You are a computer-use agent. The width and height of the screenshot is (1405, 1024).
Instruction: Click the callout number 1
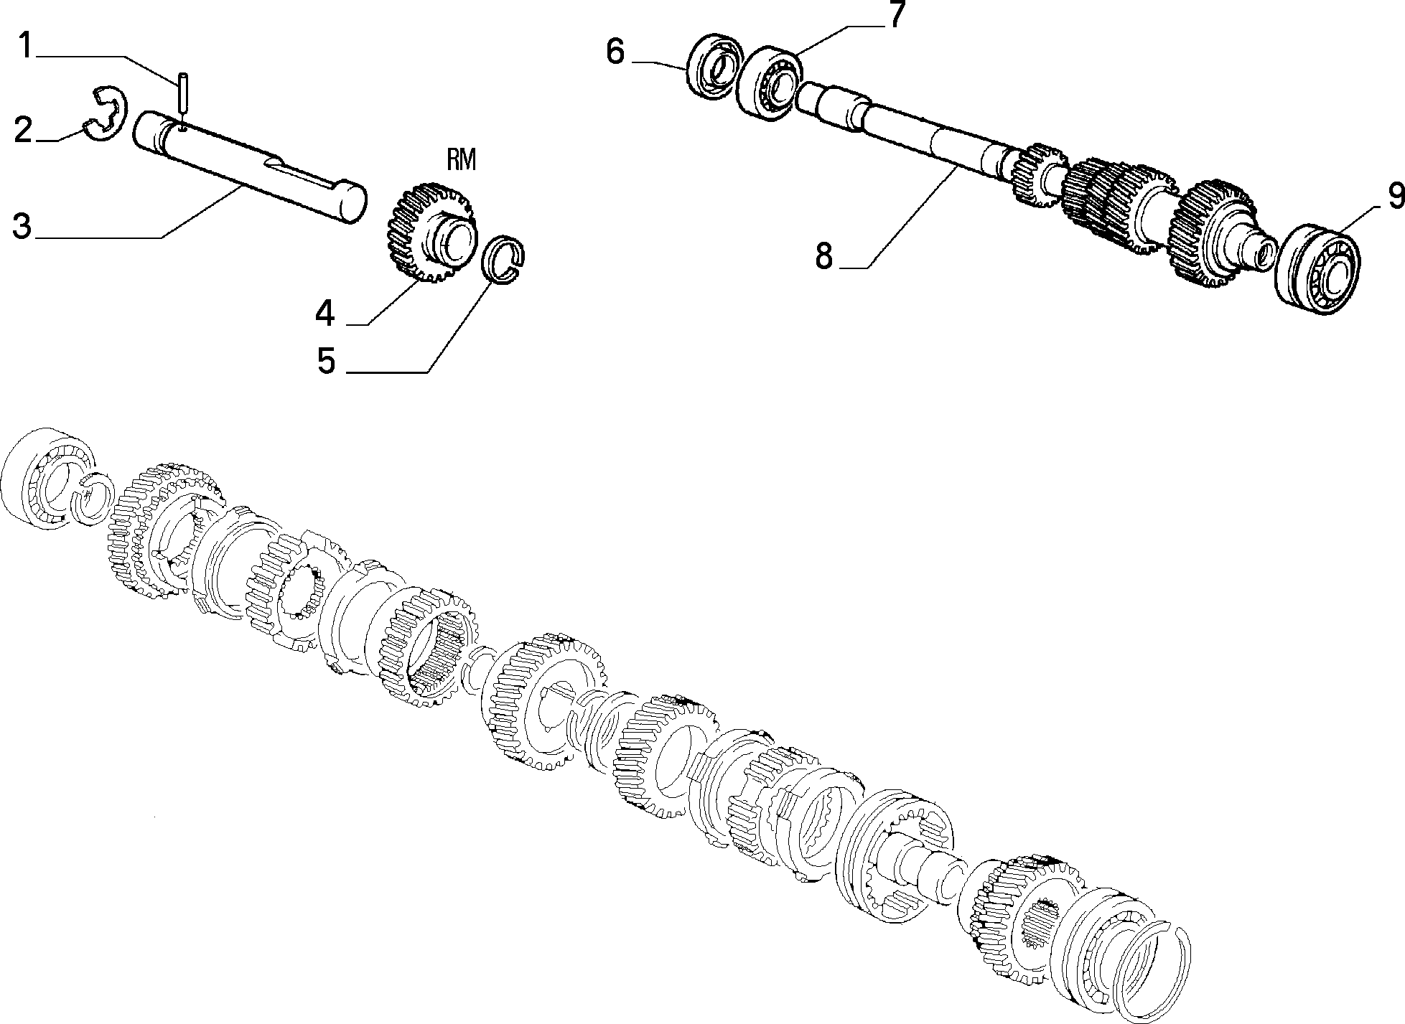(x=25, y=46)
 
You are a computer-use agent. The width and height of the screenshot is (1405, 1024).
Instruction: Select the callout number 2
(x=23, y=131)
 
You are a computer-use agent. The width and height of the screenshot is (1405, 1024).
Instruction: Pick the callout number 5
(x=327, y=360)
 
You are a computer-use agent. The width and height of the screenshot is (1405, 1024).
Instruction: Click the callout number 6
(x=616, y=52)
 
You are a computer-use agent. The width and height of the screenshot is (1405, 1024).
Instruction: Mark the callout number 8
(x=824, y=255)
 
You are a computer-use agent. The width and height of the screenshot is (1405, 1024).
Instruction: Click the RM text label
(x=462, y=160)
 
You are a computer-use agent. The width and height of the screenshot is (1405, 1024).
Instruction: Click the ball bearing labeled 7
(x=770, y=80)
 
